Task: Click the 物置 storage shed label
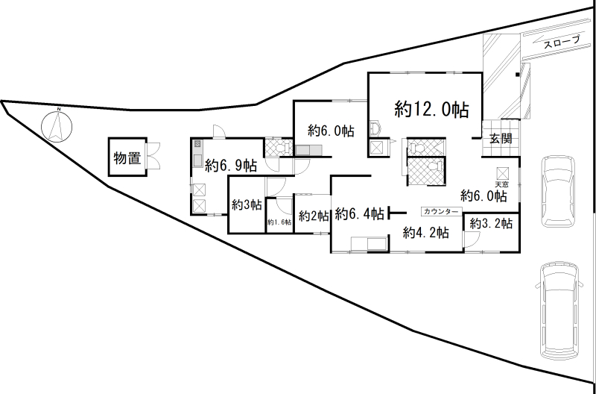point(127,157)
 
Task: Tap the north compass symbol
point(56,125)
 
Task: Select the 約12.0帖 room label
point(432,110)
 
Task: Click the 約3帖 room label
point(246,204)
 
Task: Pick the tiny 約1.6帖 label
point(279,222)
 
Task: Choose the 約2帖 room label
point(314,216)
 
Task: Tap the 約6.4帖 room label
point(360,214)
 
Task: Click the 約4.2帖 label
point(425,233)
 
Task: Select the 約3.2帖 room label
point(492,222)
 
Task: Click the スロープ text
point(562,44)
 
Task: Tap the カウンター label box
point(440,212)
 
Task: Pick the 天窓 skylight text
point(501,184)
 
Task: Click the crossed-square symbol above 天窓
point(501,171)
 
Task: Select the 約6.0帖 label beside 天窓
point(484,196)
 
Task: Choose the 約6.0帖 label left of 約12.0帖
point(331,131)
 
